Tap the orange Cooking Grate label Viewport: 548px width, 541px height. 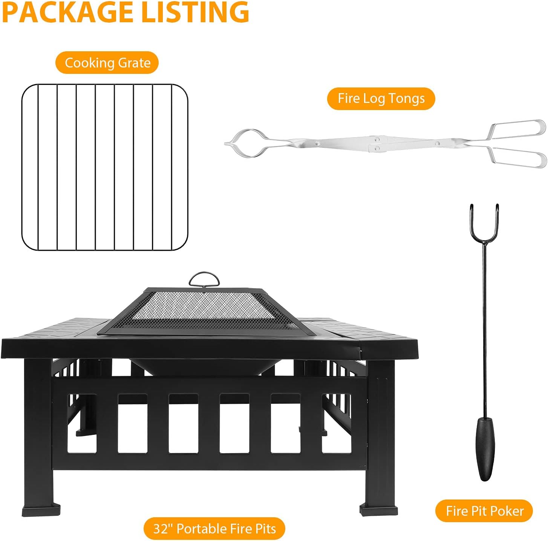[x=107, y=63]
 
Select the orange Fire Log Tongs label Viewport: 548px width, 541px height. [x=381, y=99]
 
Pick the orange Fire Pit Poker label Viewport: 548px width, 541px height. [x=484, y=511]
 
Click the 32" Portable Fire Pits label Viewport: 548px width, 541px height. [x=214, y=529]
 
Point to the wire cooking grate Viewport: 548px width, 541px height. [x=105, y=167]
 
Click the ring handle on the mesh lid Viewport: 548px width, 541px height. [x=204, y=280]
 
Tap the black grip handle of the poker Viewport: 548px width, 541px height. [x=485, y=449]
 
